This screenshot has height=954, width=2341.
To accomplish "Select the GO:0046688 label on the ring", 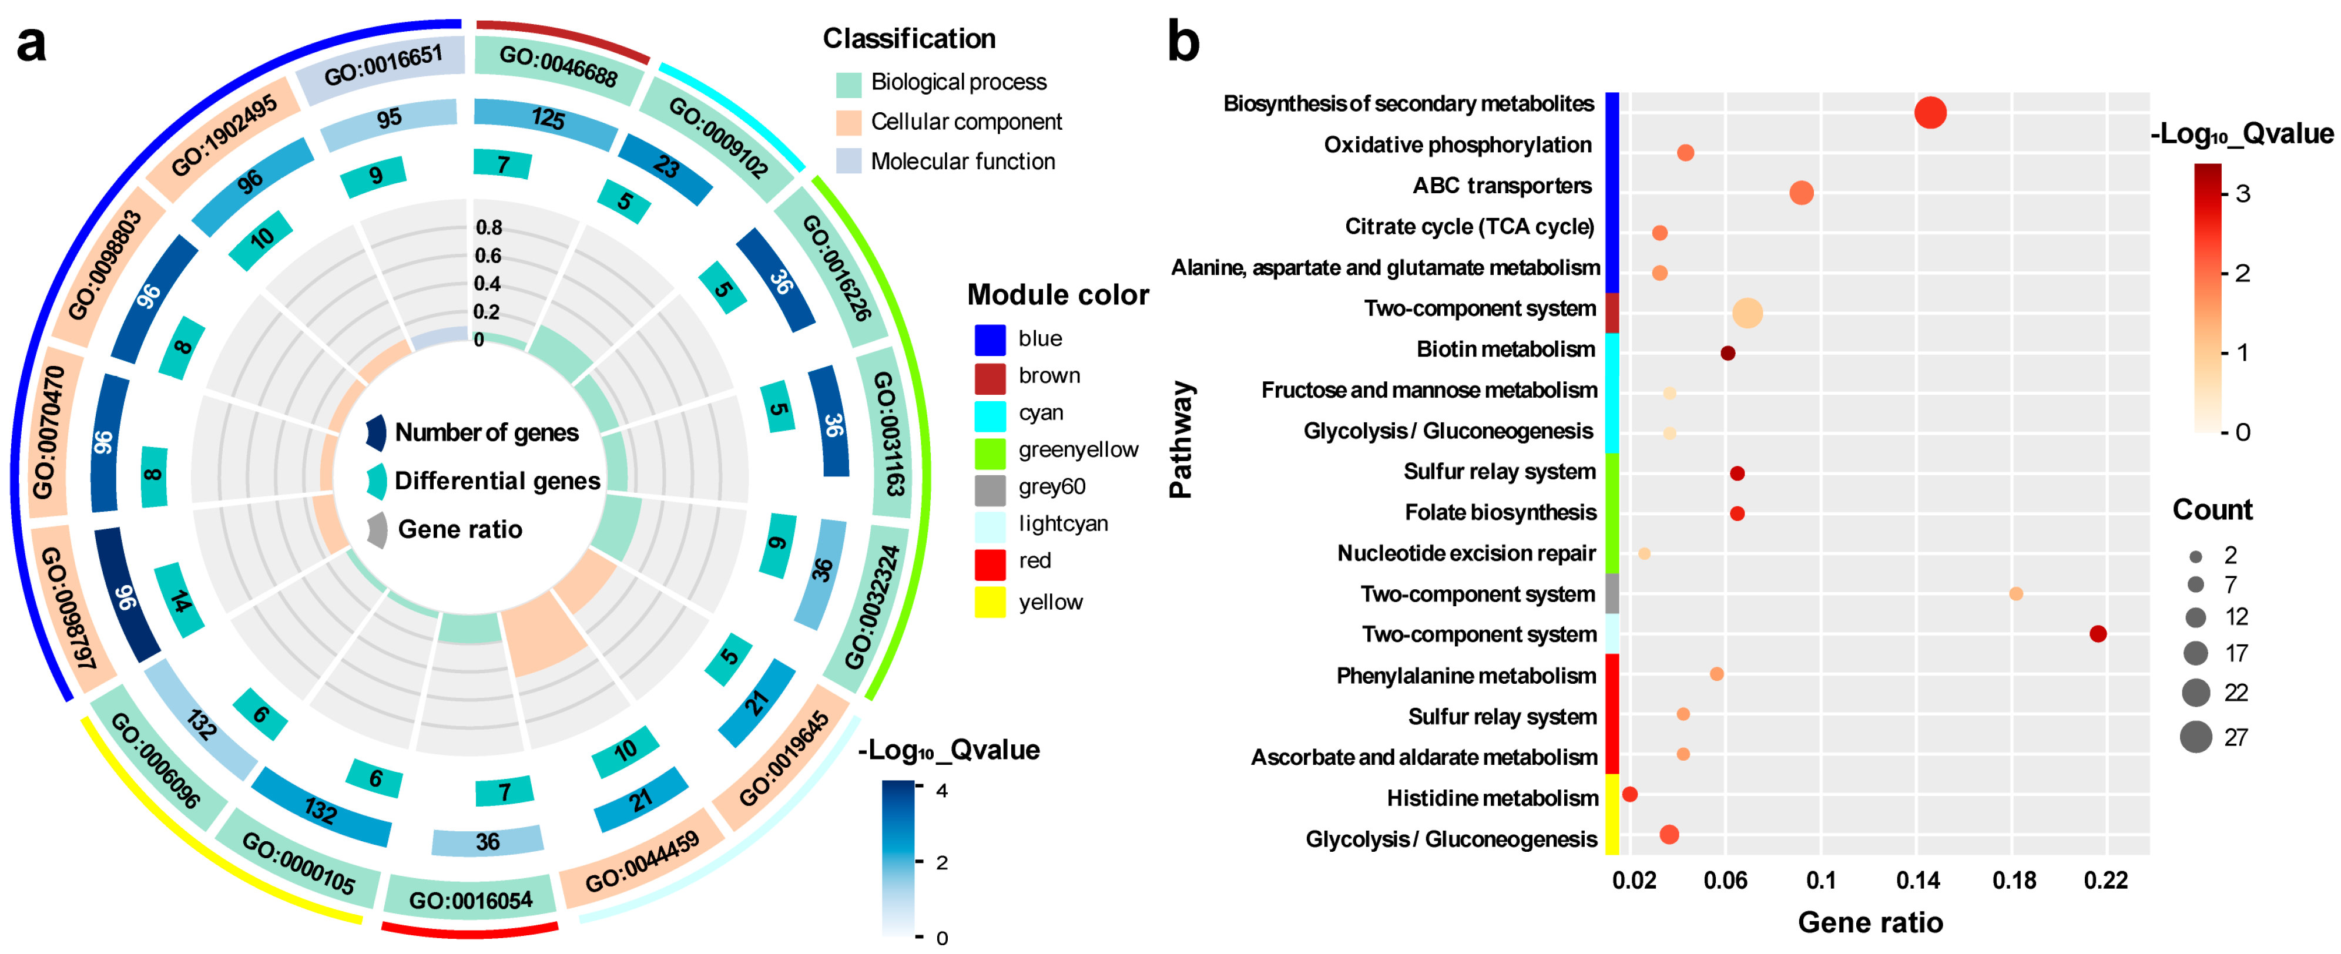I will point(558,65).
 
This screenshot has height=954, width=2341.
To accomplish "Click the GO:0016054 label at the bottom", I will point(470,899).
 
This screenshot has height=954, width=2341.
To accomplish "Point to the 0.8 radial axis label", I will point(489,227).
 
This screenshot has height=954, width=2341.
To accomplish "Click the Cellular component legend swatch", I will point(848,122).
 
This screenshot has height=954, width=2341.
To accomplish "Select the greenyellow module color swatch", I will point(990,451).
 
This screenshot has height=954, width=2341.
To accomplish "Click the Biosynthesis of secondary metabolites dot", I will point(1930,113).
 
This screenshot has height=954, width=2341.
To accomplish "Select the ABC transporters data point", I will point(1801,193).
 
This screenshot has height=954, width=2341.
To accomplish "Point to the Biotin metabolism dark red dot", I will point(1728,352).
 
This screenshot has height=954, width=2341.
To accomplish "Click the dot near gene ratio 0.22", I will point(2098,633).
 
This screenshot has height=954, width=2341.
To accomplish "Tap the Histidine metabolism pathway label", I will point(1492,798).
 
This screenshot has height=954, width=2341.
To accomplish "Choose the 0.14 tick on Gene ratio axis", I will point(1917,879).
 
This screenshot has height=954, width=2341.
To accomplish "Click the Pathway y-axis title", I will point(1180,439).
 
